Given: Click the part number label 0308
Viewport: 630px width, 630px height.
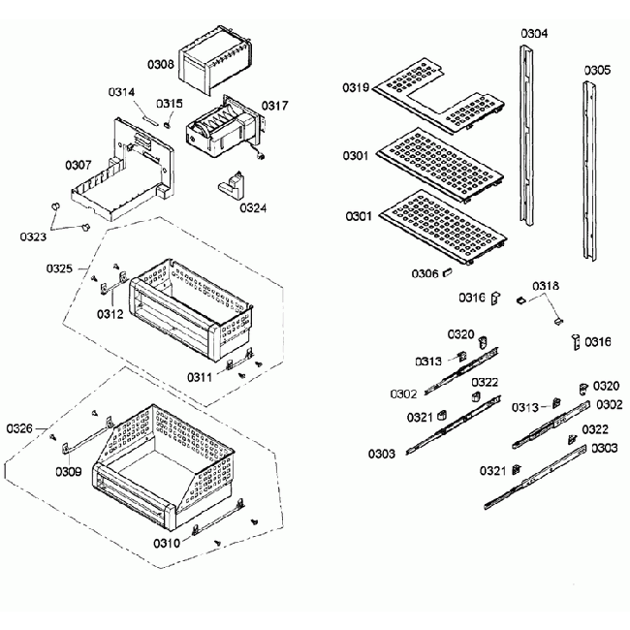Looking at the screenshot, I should [x=161, y=65].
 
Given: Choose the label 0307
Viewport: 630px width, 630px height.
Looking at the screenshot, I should [x=79, y=166].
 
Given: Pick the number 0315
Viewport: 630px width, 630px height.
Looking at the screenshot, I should [x=170, y=104].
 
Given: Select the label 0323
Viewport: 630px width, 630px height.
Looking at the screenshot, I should [x=34, y=236].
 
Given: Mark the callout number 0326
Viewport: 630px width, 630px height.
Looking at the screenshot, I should [x=19, y=428].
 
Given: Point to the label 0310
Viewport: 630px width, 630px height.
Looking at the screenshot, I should [x=166, y=543].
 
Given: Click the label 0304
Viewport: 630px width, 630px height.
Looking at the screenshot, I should [x=533, y=34].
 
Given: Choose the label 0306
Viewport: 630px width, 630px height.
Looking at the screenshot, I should [x=425, y=274].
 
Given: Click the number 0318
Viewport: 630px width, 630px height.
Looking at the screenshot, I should [x=546, y=286].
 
